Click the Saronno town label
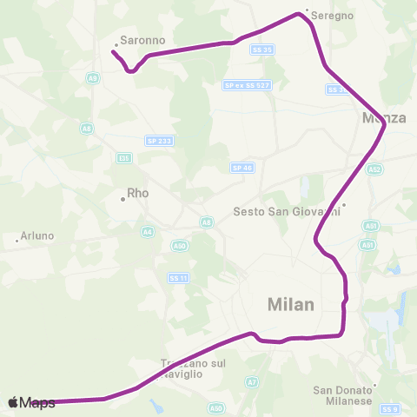pyautogui.click(x=142, y=40)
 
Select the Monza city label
pyautogui.click(x=384, y=118)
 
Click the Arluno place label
pyautogui.click(x=36, y=235)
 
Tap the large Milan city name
pyautogui.click(x=291, y=304)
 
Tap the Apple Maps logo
pyautogui.click(x=31, y=402)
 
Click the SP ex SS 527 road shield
pyautogui.click(x=242, y=85)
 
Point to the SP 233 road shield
pyautogui.click(x=158, y=141)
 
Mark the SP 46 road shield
pyautogui.click(x=242, y=168)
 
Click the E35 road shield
pyautogui.click(x=123, y=157)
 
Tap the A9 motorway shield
pyautogui.click(x=92, y=78)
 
